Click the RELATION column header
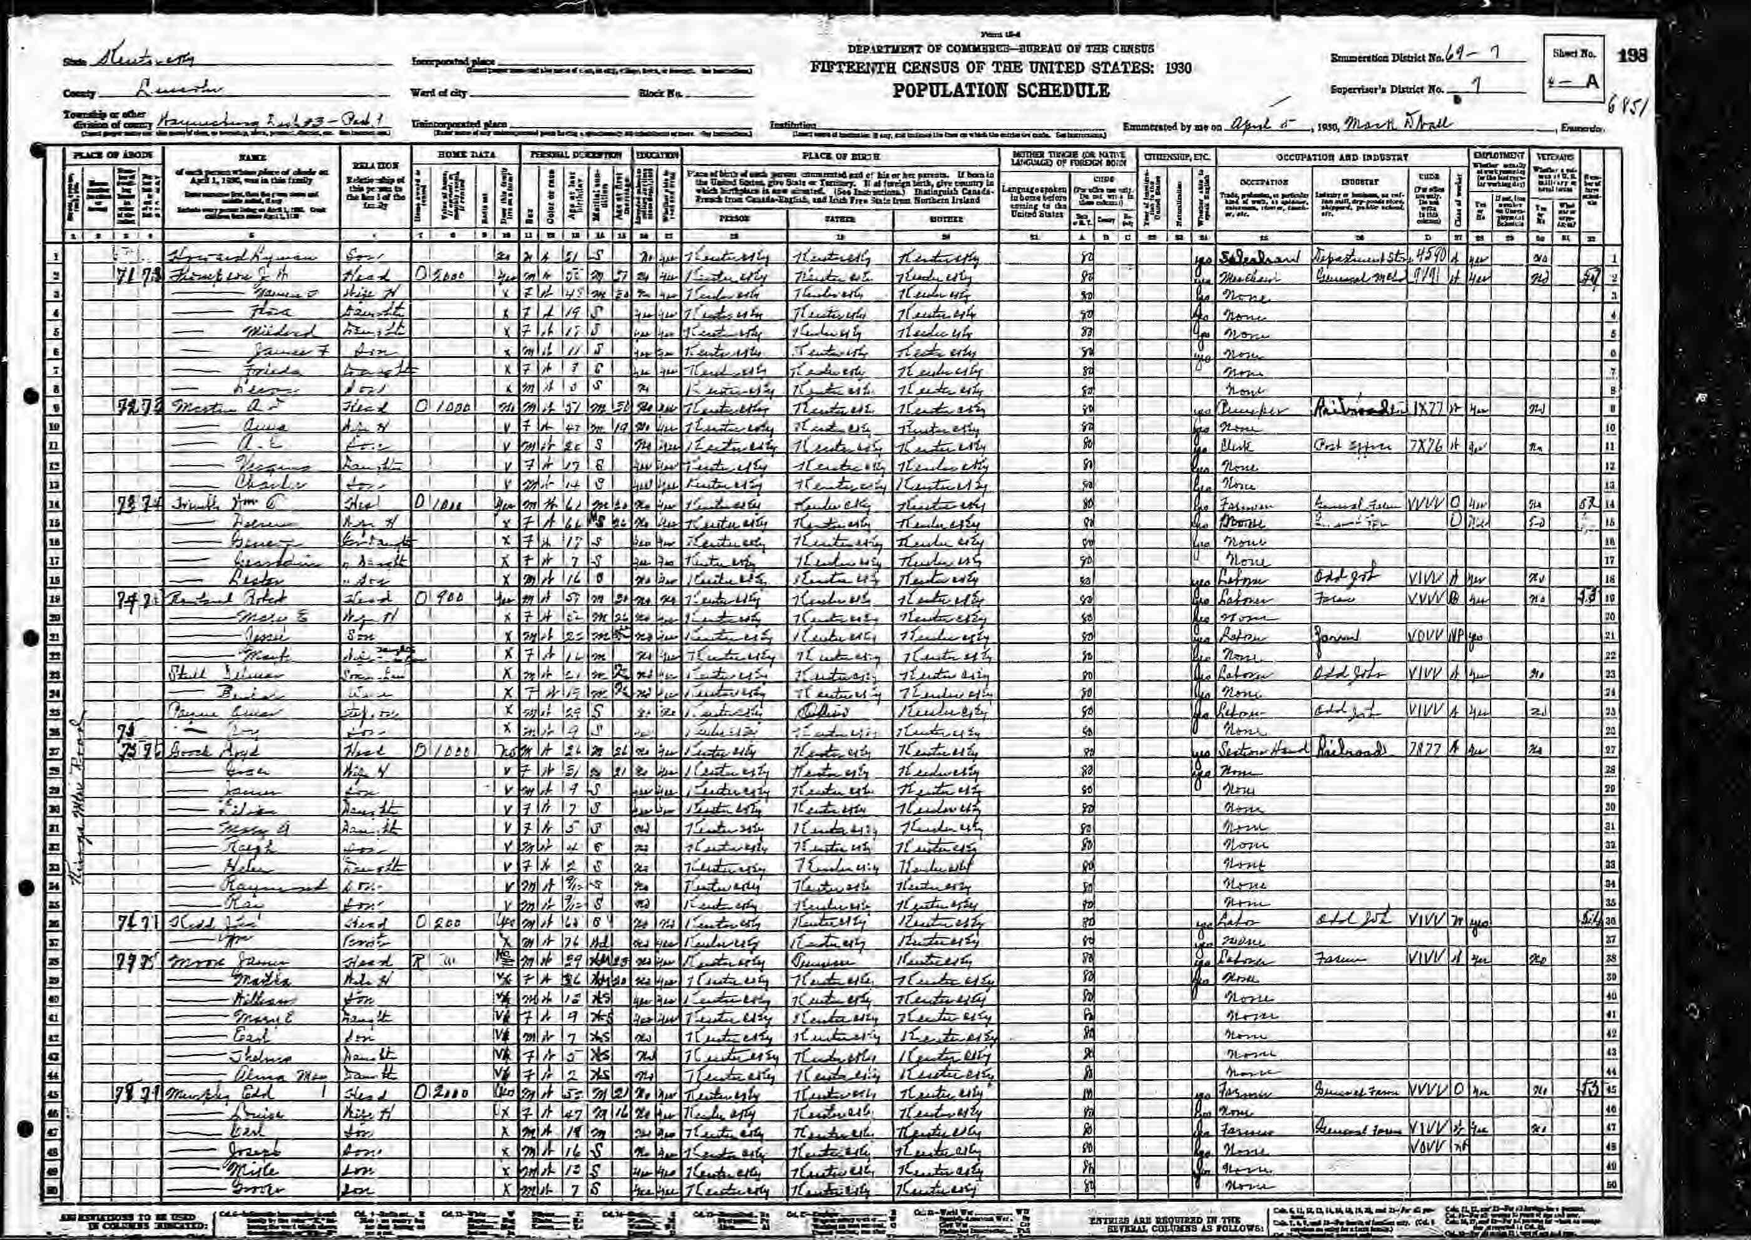(372, 163)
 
